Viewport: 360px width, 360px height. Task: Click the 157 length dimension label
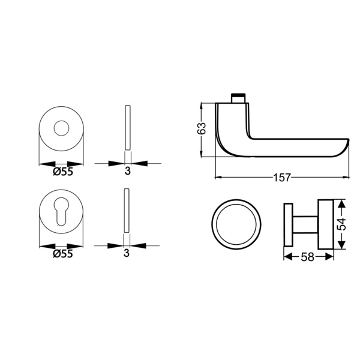click(282, 178)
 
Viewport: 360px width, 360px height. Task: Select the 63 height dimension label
click(202, 128)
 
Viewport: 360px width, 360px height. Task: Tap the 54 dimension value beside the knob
click(341, 224)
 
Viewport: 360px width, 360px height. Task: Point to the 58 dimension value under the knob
click(307, 257)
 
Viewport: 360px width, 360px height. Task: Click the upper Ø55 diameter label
click(63, 171)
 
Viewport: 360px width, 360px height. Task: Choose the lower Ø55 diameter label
click(62, 254)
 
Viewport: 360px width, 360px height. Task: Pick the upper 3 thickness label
click(127, 171)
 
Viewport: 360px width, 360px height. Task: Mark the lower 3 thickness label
click(127, 253)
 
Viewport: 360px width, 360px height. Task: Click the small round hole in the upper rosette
click(61, 128)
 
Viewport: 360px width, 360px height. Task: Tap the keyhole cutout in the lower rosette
click(61, 211)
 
